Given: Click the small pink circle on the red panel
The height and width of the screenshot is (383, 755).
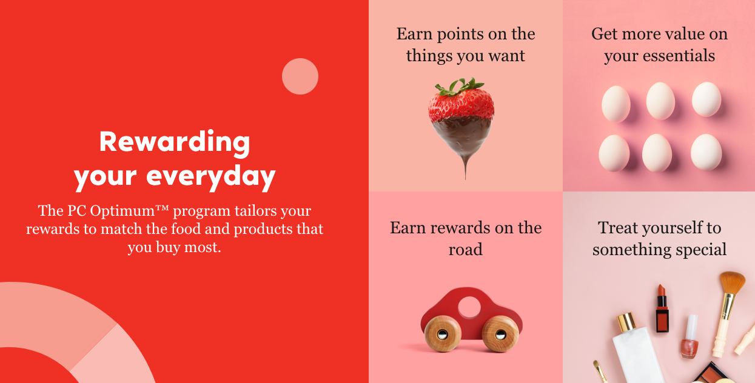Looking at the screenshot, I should pyautogui.click(x=300, y=76).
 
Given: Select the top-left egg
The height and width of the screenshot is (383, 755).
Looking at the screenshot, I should pyautogui.click(x=616, y=103).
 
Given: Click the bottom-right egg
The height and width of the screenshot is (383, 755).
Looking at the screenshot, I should pyautogui.click(x=706, y=152).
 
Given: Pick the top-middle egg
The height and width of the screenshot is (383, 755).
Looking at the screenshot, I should pyautogui.click(x=660, y=101).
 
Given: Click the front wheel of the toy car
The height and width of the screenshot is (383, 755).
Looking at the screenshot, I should pyautogui.click(x=501, y=334).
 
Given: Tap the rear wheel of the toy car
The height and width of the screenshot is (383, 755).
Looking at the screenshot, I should pyautogui.click(x=442, y=334).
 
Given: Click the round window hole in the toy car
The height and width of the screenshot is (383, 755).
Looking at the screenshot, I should pyautogui.click(x=469, y=307).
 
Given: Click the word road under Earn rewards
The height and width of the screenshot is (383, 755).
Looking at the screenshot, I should pyautogui.click(x=465, y=249).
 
